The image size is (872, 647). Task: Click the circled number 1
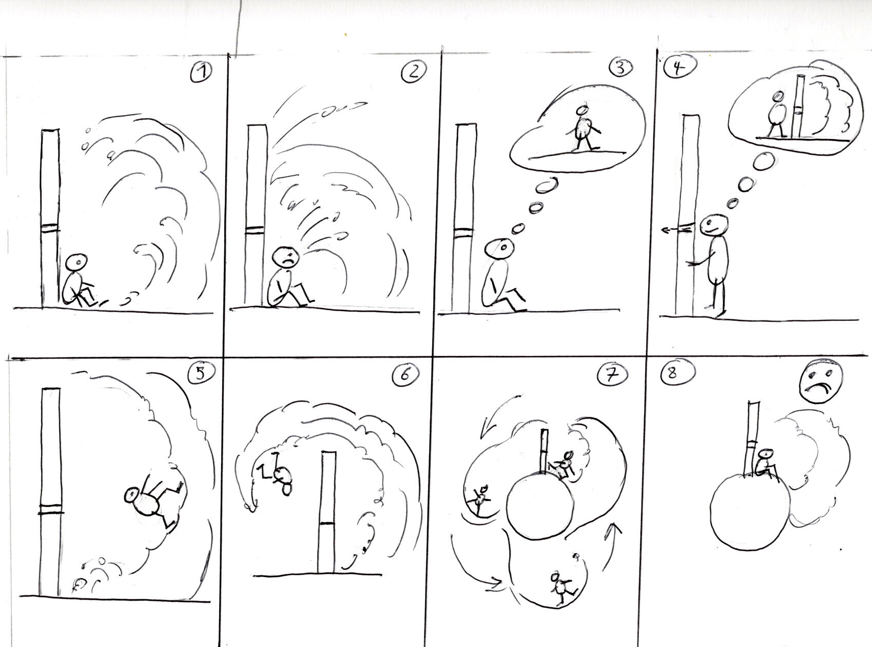click(x=201, y=73)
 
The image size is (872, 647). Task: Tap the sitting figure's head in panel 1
click(x=77, y=261)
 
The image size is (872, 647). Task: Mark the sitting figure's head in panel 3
click(x=501, y=249)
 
